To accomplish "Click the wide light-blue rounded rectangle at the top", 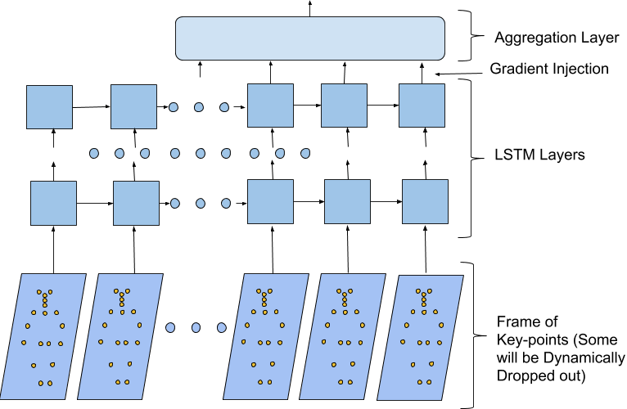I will pos(310,38).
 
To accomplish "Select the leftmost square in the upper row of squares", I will pos(49,107).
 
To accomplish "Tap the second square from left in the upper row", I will pos(133,106).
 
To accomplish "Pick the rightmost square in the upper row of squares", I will pos(422,106).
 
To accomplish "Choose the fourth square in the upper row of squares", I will pos(344,106).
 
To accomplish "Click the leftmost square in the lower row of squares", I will pos(53,203).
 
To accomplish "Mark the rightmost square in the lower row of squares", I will pos(425,201).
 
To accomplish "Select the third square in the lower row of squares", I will pos(270,201).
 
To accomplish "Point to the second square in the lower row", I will pos(136,203).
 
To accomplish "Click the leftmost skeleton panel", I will pos(43,336).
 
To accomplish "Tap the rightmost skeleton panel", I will pos(421,337).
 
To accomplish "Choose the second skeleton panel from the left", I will pos(120,336).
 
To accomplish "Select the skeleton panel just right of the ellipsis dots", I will pos(266,336).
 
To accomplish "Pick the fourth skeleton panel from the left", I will pos(343,336).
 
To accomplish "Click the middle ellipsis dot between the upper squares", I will pos(199,107).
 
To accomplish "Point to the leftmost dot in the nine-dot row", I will pos(94,153).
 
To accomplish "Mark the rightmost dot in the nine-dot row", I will pos(305,153).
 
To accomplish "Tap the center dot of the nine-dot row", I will pos(201,153).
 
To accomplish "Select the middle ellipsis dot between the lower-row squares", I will pos(201,203).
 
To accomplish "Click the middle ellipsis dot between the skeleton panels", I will pos(196,327).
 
